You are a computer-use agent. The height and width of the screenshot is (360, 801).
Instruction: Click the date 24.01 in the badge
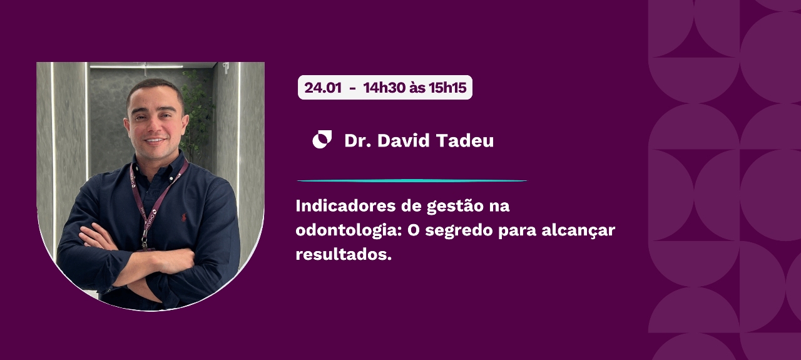tap(323, 88)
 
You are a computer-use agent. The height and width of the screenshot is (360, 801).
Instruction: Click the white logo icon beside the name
tap(322, 139)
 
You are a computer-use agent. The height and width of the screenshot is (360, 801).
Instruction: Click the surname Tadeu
tap(465, 140)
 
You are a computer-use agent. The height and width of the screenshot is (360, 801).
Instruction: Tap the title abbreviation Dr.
tap(357, 140)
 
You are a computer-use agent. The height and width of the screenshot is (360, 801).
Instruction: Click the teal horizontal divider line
tap(412, 181)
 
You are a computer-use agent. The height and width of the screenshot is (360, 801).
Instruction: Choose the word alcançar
tap(578, 231)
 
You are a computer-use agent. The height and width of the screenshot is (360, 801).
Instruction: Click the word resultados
tap(344, 254)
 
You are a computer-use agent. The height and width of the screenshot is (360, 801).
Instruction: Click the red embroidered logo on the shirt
tap(184, 217)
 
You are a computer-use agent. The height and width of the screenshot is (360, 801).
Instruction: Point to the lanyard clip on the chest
tap(145, 239)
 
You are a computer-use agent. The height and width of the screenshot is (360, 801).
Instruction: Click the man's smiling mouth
tap(155, 140)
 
